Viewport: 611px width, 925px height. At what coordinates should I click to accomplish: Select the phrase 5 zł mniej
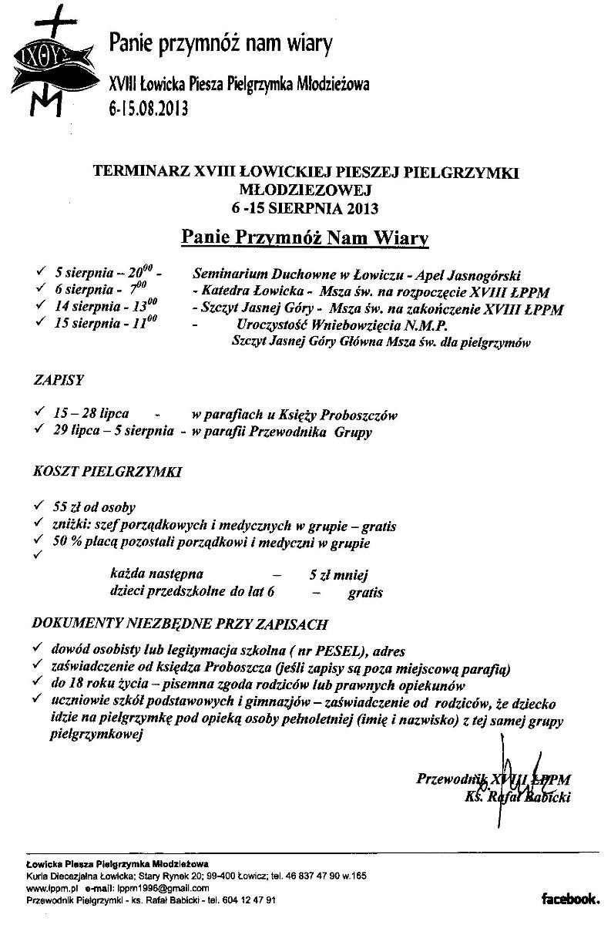[339, 575]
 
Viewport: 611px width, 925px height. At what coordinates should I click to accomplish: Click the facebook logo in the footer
[570, 898]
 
